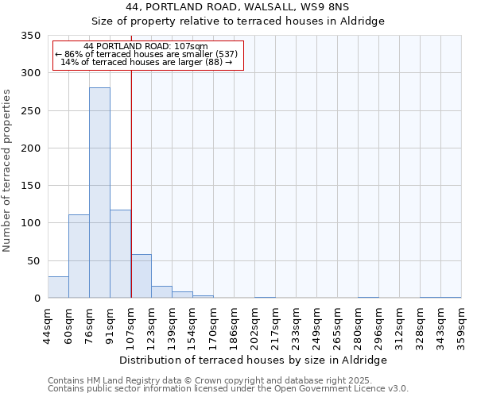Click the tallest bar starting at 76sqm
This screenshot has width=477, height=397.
[99, 193]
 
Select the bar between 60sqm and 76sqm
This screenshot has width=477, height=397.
[79, 256]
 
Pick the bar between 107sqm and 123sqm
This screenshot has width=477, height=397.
[141, 276]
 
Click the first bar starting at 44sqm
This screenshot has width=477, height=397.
[58, 287]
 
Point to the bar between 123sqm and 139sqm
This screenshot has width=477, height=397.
[161, 292]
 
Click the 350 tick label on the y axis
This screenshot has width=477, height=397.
[29, 36]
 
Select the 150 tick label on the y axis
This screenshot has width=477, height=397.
[29, 186]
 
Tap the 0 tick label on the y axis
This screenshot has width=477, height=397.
[37, 299]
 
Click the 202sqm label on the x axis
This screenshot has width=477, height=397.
[254, 325]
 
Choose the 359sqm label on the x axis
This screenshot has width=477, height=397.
[461, 325]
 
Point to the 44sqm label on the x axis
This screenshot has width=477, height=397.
[48, 325]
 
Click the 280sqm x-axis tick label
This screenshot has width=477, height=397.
[358, 325]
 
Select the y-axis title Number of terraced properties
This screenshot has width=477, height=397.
[7, 170]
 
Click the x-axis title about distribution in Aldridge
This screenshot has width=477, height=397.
[254, 360]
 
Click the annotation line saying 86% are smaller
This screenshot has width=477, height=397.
[146, 54]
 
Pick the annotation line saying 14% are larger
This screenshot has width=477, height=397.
[146, 62]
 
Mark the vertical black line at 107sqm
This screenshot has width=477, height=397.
[131, 175]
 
